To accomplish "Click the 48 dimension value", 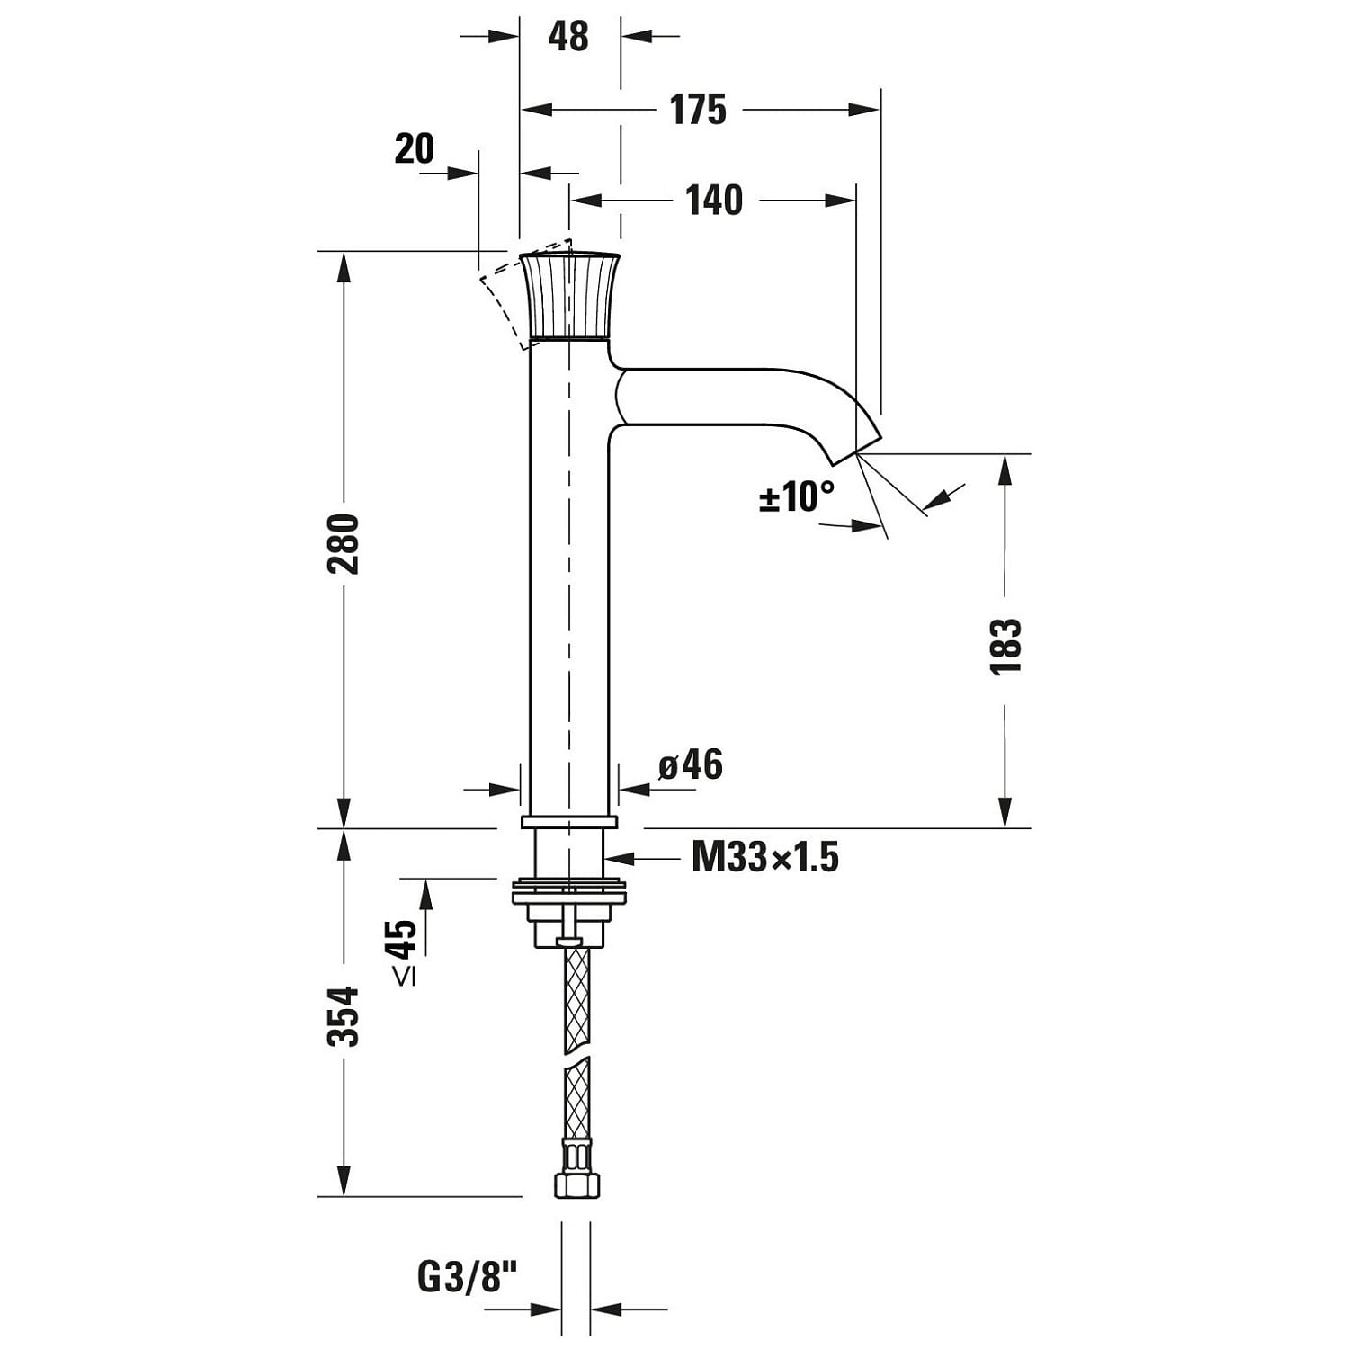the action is [568, 36].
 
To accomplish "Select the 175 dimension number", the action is [698, 110].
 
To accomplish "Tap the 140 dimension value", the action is [715, 200].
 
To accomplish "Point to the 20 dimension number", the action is [415, 148].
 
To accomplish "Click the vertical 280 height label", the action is [344, 544].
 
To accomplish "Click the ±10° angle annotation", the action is [797, 496].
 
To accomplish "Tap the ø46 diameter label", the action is [691, 764].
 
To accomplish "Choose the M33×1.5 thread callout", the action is [765, 858].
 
